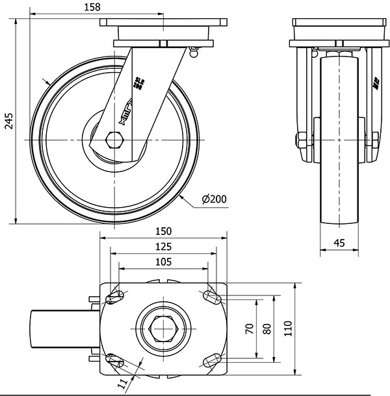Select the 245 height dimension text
point(9,121)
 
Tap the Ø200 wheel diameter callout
point(214,199)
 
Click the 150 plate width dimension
point(163,230)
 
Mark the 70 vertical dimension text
point(248,328)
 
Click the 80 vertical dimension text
point(266,328)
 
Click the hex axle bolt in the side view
point(114,140)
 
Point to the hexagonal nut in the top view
point(163,328)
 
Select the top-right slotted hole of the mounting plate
point(211,297)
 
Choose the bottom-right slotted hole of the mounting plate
point(211,360)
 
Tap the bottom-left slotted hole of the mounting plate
point(116,360)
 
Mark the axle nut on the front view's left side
point(301,140)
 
